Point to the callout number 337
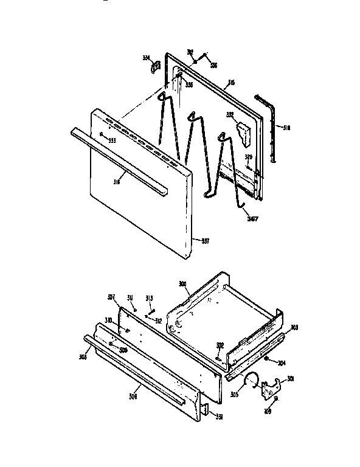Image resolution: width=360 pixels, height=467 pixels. (x=205, y=240)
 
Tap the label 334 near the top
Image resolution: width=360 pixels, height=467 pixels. (x=146, y=58)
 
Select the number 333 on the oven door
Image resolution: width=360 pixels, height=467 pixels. (x=112, y=141)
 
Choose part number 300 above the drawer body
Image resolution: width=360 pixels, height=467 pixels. (x=182, y=284)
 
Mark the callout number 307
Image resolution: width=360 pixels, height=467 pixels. (x=111, y=297)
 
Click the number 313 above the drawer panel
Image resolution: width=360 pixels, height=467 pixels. (x=149, y=297)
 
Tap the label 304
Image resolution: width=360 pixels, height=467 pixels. (x=282, y=364)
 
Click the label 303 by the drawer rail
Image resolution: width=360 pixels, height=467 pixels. (x=294, y=327)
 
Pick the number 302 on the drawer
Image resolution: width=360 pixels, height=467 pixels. (x=220, y=345)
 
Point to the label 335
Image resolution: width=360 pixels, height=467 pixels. (x=189, y=85)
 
